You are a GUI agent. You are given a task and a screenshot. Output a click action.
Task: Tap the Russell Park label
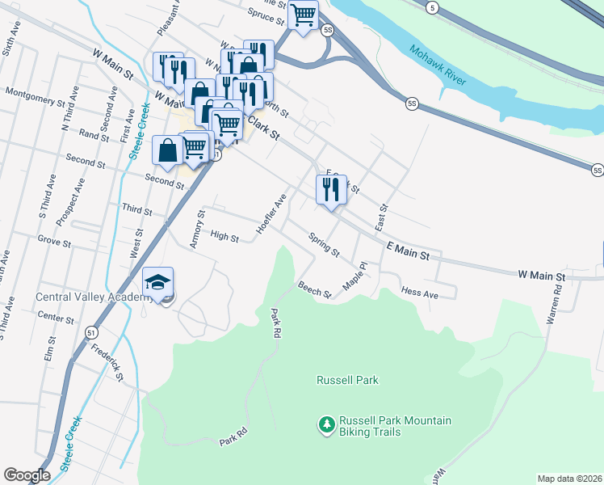tap(347, 380)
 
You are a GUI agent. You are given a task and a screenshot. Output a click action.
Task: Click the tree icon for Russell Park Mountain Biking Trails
tap(326, 425)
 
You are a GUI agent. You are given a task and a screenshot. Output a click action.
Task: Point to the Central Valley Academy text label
tap(94, 297)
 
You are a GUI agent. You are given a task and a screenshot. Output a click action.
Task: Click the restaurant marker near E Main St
tap(331, 190)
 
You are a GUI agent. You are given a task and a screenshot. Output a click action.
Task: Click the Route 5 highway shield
tap(433, 7)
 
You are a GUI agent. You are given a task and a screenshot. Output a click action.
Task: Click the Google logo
tap(27, 475)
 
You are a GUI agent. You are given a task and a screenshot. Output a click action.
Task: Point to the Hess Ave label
tap(419, 293)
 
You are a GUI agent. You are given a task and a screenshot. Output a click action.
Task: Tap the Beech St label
tap(314, 289)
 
